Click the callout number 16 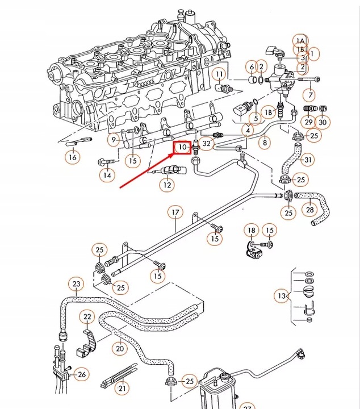pos(73,157)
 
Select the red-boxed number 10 pos(182,147)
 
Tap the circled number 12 pos(167,185)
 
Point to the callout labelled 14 pos(107,175)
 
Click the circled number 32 pos(206,143)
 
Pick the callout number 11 pos(219,74)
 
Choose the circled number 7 pos(310,94)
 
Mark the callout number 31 pos(308,160)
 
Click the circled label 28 pos(309,210)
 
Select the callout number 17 pos(175,212)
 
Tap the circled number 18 pos(252,230)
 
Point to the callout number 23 pos(76,284)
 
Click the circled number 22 pos(87,316)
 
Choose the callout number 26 pos(82,374)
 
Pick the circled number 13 pos(282,296)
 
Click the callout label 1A pos(300,41)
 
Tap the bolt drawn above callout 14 pos(108,162)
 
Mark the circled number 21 pos(122,389)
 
